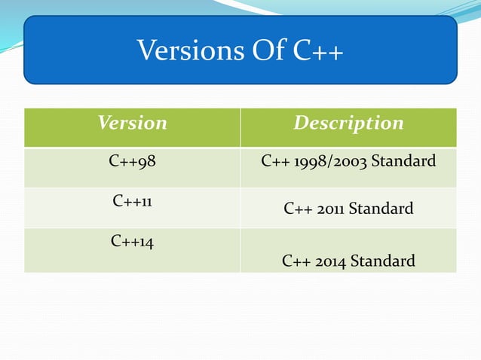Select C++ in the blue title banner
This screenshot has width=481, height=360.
(x=314, y=51)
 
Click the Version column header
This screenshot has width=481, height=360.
(x=132, y=123)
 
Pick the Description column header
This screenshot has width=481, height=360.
(x=348, y=123)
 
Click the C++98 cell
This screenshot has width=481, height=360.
(x=132, y=160)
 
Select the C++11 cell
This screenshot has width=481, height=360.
(x=132, y=201)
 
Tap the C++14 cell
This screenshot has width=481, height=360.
(x=132, y=242)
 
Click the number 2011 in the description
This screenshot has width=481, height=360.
(x=328, y=208)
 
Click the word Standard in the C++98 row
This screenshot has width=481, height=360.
(x=406, y=160)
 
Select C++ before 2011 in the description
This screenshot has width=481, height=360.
(x=296, y=208)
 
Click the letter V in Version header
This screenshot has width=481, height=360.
(x=103, y=123)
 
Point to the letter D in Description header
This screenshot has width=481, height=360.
(x=300, y=123)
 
